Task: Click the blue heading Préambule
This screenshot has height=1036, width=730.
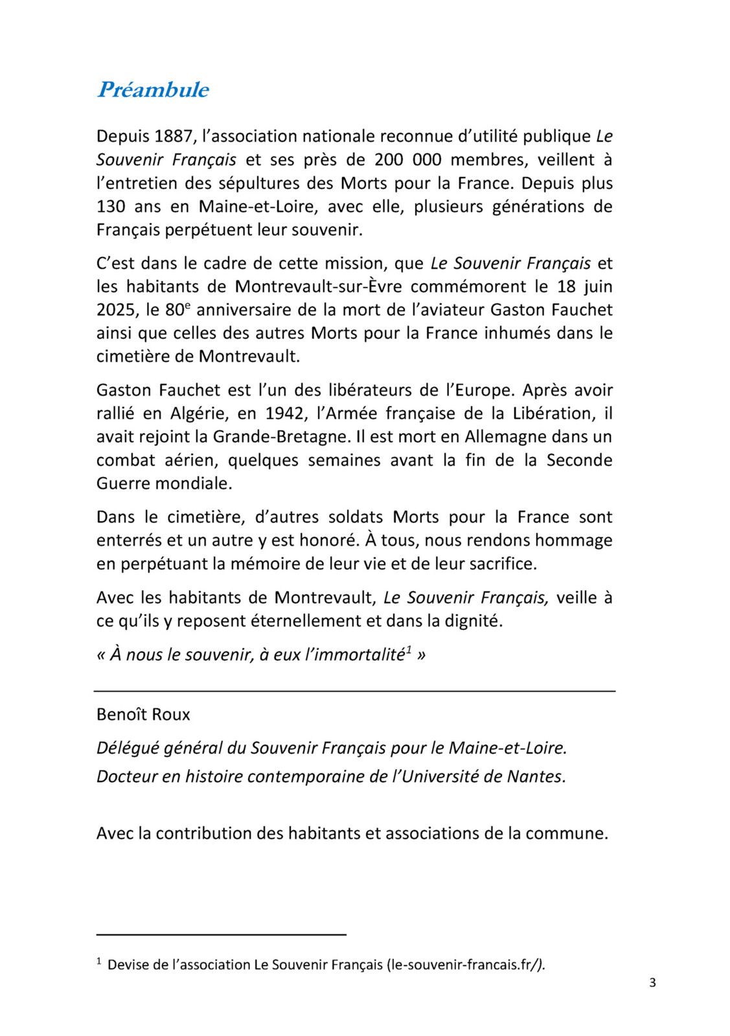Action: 153,89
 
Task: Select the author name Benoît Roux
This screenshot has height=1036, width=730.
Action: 143,714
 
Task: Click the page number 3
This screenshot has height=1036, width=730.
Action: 652,983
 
